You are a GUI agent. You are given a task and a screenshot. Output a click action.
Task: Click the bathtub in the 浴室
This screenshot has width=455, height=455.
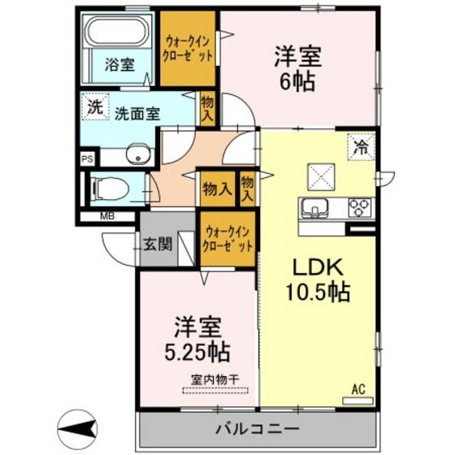117,31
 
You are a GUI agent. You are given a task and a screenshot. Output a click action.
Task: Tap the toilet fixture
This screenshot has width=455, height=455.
110,188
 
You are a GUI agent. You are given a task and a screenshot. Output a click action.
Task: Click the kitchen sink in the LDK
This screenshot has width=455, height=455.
314,208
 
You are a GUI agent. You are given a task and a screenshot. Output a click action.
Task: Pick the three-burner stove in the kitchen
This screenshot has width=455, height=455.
360,208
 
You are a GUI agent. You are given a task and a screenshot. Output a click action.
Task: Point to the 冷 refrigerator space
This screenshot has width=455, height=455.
362,147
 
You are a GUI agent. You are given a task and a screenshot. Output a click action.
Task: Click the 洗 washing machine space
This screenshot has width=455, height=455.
95,106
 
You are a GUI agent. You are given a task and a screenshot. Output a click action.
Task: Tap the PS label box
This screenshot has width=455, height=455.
88,159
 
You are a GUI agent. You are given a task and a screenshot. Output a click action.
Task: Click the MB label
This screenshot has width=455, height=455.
107,216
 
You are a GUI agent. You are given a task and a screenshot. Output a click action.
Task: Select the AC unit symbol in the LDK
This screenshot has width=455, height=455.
357,401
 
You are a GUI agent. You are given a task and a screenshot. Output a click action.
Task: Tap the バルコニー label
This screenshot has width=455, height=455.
257,429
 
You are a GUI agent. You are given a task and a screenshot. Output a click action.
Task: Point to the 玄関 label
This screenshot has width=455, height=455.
158,244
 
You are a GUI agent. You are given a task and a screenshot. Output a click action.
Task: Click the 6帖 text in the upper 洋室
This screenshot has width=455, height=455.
297,81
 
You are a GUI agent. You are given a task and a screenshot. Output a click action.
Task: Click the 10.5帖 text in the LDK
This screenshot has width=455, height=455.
318,292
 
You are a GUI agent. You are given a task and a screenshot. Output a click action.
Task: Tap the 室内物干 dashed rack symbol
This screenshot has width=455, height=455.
215,390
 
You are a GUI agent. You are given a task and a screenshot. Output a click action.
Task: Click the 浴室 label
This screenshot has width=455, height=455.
119,64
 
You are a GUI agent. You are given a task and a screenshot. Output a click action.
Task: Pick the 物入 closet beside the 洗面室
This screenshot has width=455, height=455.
208,109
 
